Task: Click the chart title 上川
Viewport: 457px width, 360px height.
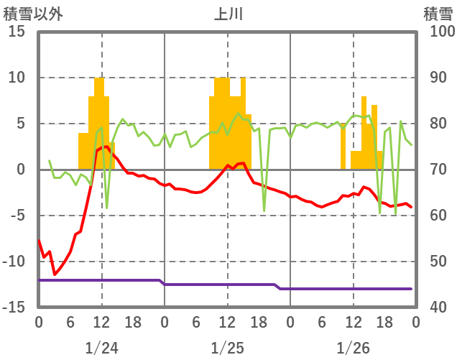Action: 228,14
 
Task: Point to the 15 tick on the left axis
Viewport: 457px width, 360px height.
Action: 17,32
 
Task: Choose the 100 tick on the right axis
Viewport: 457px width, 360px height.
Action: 438,32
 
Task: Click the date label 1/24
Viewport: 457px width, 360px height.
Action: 101,348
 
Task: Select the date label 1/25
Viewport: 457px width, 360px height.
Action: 227,348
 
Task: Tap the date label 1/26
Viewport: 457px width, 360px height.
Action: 353,348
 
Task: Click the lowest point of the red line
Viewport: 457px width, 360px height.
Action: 55,274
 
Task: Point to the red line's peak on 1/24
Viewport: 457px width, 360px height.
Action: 107,147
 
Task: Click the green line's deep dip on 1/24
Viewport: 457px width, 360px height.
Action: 107,208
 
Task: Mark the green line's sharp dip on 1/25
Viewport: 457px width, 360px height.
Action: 264,211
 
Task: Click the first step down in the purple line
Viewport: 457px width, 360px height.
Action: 162,282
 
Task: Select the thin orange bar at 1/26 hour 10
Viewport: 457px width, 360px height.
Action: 343,147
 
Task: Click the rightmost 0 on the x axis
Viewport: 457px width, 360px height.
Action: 415,322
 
